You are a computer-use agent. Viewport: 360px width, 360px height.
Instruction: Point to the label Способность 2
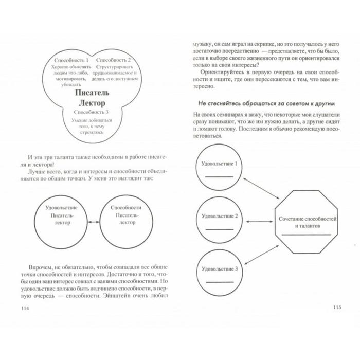coord(113,60)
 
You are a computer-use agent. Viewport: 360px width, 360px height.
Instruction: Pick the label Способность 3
coord(92,112)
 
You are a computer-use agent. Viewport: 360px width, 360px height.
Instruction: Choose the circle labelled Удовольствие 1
coord(219,169)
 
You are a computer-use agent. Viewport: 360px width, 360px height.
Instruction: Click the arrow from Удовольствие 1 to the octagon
coord(260,189)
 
